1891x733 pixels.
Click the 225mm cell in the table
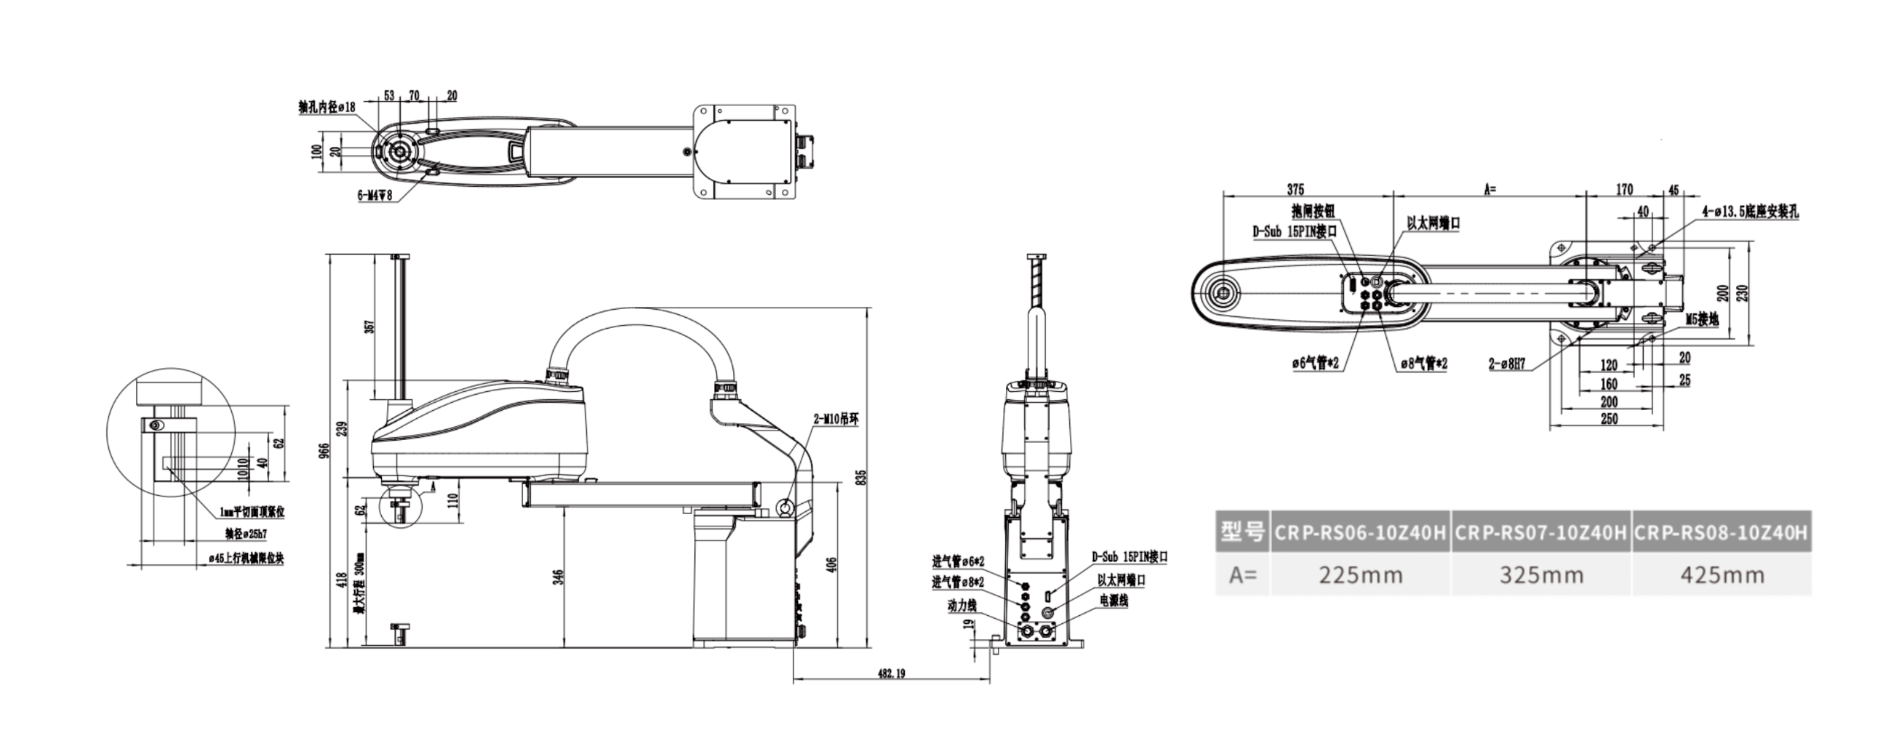tap(1360, 574)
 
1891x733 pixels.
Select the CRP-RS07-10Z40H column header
tap(1540, 532)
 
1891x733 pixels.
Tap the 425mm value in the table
tap(1722, 574)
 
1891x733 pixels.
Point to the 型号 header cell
tap(1242, 532)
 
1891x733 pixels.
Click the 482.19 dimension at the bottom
tap(891, 673)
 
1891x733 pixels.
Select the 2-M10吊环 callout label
tap(836, 420)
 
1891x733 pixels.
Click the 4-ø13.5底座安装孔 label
tap(1750, 212)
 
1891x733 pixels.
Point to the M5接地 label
tap(1702, 320)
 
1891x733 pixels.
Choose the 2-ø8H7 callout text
tap(1506, 363)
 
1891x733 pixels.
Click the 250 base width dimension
tap(1608, 419)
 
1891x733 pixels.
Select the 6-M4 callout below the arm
tap(375, 195)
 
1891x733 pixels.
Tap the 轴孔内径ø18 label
tap(327, 107)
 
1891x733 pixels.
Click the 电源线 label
tap(1114, 600)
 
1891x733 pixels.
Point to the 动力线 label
tap(962, 605)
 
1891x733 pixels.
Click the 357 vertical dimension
tap(369, 326)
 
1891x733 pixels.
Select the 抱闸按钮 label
tap(1313, 212)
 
